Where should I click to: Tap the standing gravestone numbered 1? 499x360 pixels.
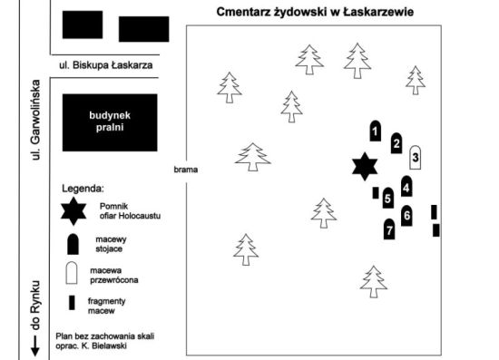coord(375,131)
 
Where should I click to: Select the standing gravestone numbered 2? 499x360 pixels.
coord(396,143)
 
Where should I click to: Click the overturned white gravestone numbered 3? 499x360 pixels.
coord(415,157)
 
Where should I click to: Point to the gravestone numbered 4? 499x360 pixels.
coord(406,187)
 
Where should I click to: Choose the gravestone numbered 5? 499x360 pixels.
coord(387,198)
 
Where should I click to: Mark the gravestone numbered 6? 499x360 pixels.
coord(406,216)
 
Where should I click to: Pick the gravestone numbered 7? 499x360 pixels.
coord(389,229)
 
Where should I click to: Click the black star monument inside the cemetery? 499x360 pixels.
coord(364,166)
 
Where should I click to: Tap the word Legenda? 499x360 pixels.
coord(83,188)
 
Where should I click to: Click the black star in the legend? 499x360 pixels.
coord(73,212)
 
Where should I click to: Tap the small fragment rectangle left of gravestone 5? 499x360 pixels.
coord(375,192)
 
